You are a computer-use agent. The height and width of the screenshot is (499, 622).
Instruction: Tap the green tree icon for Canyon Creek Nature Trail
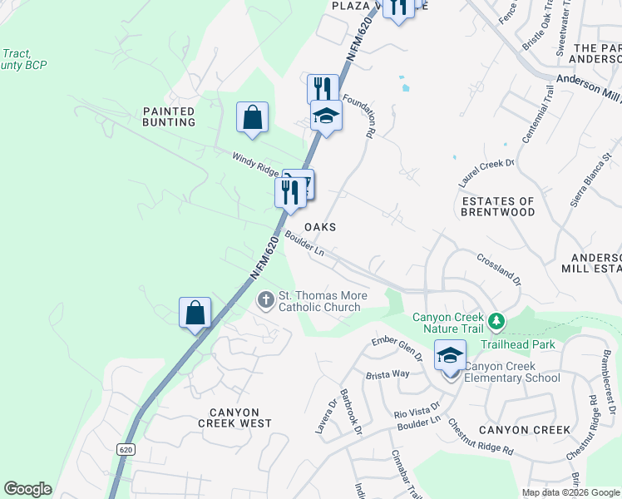tap(496, 320)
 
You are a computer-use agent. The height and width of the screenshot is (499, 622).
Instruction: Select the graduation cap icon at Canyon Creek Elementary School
tap(450, 356)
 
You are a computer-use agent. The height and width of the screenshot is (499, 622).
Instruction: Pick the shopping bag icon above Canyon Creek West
tap(195, 314)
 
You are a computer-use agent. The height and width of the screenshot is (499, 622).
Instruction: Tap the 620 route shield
tap(125, 448)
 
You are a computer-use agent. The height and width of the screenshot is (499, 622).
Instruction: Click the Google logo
tap(27, 489)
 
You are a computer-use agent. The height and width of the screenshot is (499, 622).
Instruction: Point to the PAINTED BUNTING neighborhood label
tap(169, 116)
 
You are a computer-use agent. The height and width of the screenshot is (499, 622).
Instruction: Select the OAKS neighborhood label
tap(320, 227)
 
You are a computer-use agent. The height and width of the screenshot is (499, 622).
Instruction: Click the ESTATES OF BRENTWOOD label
tap(498, 206)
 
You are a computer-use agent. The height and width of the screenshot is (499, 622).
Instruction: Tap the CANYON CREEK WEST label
tap(234, 417)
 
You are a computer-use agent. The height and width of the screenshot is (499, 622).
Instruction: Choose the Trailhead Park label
tap(522, 344)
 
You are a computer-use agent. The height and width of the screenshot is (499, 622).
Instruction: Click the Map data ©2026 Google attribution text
tap(570, 492)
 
